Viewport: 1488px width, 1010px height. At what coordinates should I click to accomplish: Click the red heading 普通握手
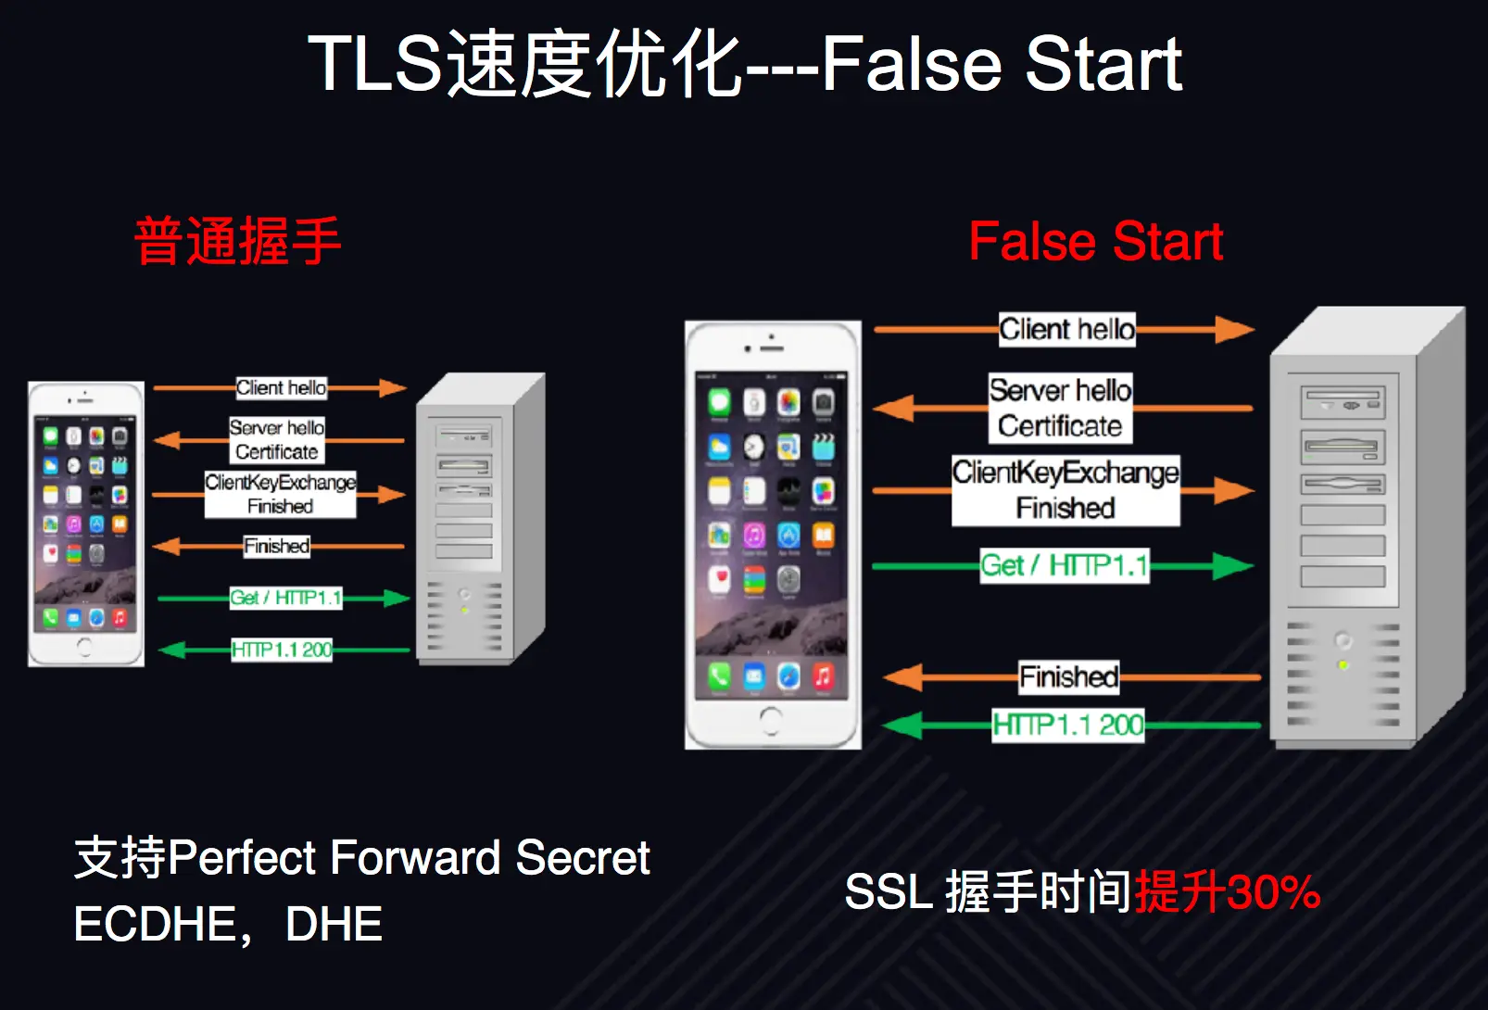237,242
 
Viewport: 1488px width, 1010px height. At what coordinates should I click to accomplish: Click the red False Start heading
1095,242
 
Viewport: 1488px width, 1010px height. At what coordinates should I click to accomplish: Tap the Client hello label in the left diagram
281,388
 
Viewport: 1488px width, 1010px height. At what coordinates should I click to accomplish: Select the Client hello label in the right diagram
1066,330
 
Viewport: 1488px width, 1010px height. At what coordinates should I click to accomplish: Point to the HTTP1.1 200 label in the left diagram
282,650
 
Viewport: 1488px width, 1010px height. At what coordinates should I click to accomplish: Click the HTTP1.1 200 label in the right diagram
1068,725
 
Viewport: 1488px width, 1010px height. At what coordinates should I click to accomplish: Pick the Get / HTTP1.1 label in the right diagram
1064,565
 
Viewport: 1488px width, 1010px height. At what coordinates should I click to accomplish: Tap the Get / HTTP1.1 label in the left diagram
285,598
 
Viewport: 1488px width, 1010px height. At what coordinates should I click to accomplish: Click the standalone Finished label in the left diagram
276,546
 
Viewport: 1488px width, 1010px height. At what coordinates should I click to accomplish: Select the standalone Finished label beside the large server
1068,677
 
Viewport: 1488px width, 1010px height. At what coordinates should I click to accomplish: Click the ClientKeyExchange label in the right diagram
1066,473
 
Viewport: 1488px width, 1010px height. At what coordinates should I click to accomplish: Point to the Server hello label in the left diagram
277,428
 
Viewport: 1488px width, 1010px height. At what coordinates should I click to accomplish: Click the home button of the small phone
85,645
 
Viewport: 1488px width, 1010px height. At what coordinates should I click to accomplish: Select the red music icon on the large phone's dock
823,676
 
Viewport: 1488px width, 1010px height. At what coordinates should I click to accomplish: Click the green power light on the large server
1343,665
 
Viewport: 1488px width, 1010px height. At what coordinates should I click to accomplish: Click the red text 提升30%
1228,892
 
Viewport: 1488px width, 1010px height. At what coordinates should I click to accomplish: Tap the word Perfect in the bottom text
243,858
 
